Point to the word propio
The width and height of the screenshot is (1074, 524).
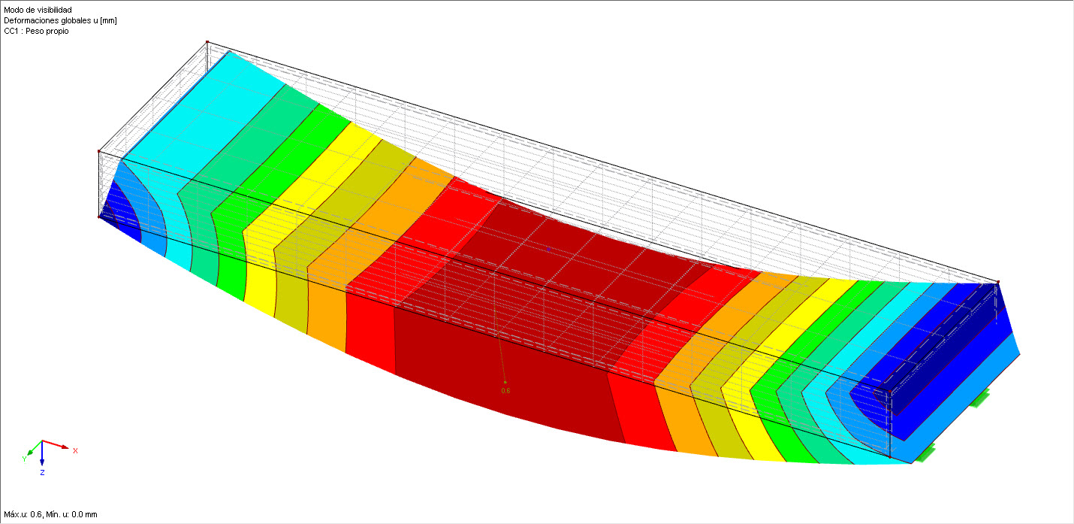58,31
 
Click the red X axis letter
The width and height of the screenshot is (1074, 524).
75,450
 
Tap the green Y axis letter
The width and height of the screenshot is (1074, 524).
25,459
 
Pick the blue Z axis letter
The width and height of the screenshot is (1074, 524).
42,473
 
